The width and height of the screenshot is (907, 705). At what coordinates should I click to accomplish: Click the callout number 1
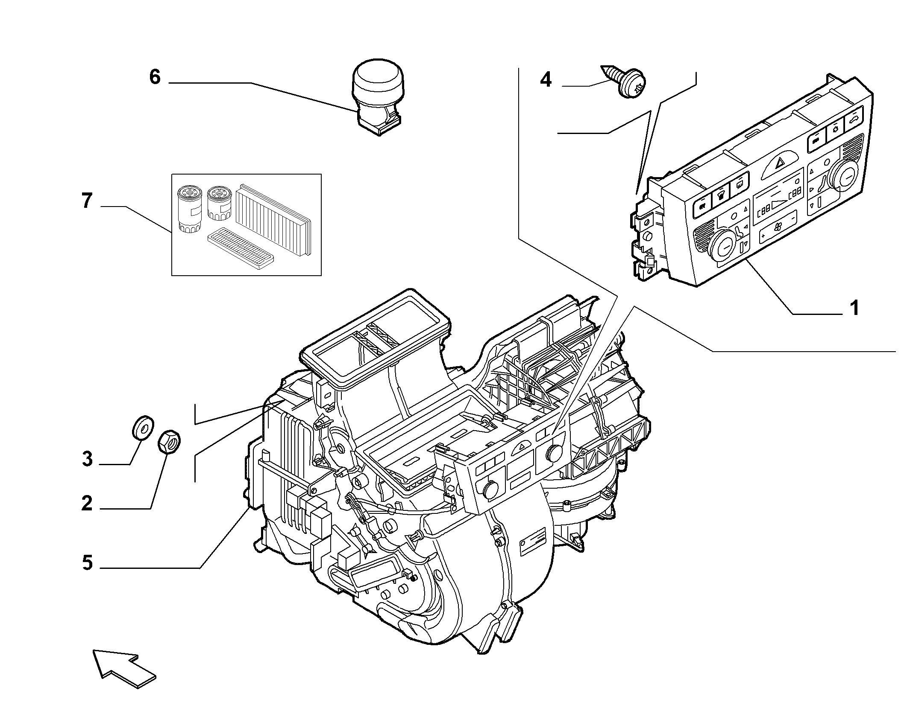[854, 308]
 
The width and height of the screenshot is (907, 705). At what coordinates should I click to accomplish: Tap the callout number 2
[87, 504]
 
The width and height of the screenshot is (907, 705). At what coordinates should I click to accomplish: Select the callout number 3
[87, 459]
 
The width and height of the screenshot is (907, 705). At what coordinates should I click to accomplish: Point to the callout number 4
[546, 80]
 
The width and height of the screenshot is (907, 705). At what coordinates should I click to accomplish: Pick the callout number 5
[87, 563]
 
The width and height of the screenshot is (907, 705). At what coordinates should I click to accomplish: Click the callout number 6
[155, 77]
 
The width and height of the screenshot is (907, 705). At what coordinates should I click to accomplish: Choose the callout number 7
[87, 201]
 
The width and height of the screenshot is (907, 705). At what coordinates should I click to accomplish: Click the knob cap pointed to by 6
[376, 98]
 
